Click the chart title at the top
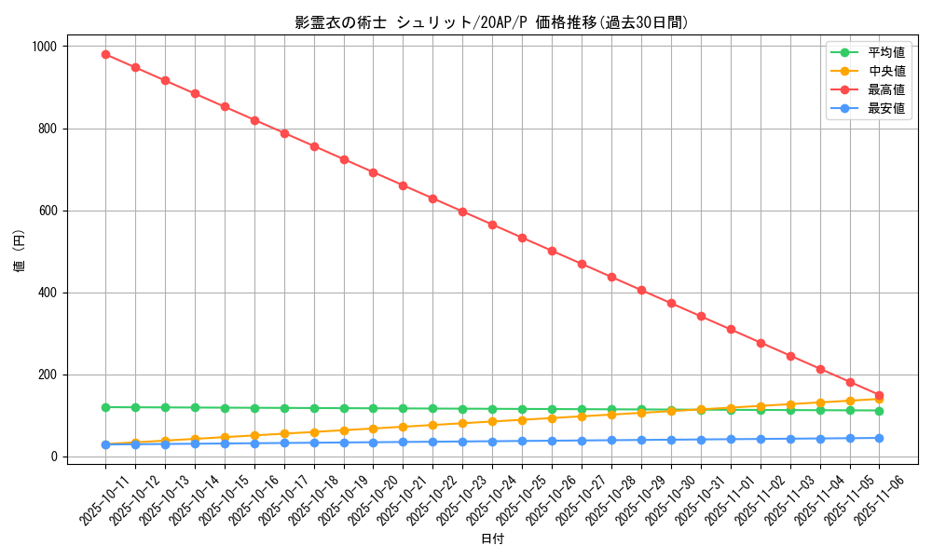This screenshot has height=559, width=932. click(x=492, y=22)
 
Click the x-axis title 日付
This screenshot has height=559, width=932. click(x=492, y=539)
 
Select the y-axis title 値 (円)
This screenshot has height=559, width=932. click(x=20, y=252)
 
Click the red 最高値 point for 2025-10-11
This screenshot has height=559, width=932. click(x=105, y=54)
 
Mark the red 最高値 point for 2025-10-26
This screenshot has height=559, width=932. click(x=552, y=251)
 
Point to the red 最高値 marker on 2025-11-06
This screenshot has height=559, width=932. click(x=879, y=395)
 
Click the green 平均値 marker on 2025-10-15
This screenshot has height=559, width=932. click(x=225, y=408)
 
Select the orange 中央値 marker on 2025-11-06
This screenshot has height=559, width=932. click(x=879, y=399)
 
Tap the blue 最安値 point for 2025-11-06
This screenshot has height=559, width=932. click(x=879, y=438)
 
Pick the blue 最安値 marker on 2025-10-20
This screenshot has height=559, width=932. click(x=373, y=443)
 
